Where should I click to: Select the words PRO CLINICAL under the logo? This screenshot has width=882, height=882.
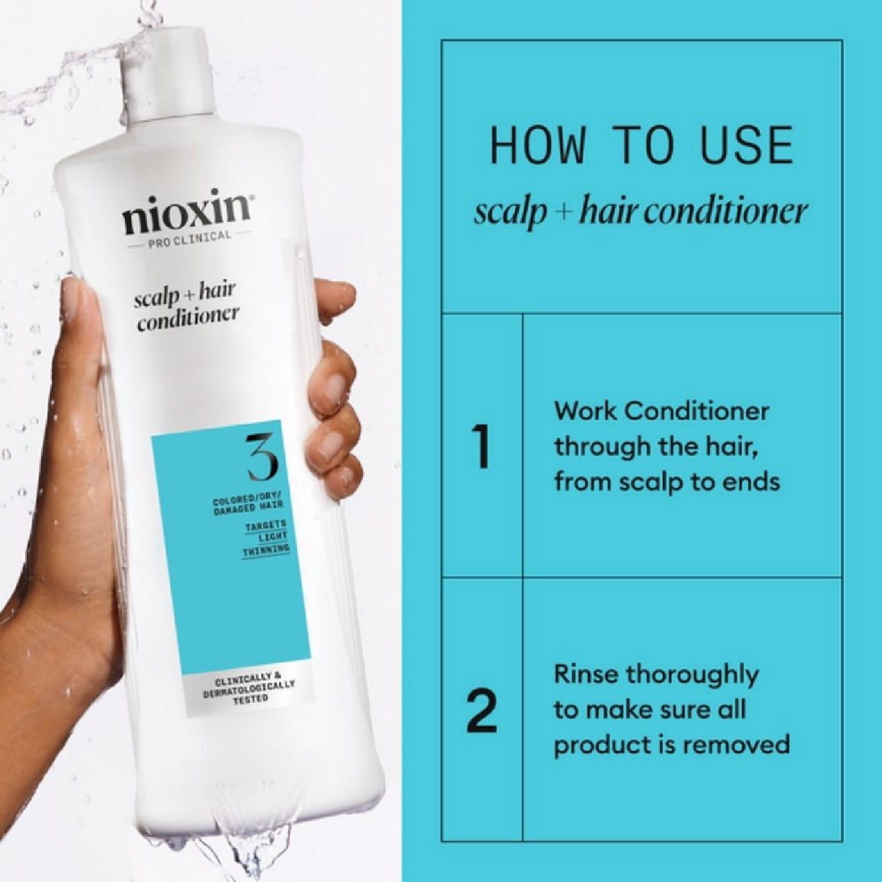(188, 237)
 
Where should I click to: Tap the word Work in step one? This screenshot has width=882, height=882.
(585, 411)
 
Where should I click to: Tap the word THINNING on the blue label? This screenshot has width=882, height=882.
(265, 549)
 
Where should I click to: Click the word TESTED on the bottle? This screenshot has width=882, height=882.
(250, 698)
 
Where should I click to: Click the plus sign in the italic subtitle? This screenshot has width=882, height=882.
(563, 211)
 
